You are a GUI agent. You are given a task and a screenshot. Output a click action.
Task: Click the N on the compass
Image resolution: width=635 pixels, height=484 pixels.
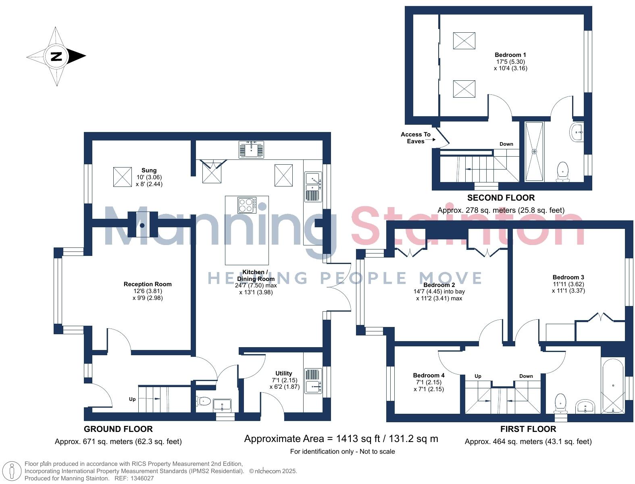(x=56, y=56)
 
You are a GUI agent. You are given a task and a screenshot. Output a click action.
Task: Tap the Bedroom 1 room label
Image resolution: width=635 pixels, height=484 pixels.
(x=510, y=55)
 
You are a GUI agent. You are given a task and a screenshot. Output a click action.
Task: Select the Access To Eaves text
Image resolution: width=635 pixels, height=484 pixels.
(x=416, y=138)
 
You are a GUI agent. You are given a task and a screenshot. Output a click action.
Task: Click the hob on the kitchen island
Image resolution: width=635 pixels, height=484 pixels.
(x=247, y=205)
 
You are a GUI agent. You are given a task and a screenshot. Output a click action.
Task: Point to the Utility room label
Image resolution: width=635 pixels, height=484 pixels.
(x=283, y=373)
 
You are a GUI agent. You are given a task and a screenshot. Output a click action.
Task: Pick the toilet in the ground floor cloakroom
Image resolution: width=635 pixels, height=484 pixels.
(x=204, y=401)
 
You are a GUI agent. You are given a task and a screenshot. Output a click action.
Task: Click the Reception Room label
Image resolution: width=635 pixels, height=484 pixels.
(x=148, y=284)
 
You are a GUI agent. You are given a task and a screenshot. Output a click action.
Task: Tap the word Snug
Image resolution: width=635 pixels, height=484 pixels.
(x=149, y=170)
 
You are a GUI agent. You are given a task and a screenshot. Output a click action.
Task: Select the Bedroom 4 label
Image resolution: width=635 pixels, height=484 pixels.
(x=429, y=375)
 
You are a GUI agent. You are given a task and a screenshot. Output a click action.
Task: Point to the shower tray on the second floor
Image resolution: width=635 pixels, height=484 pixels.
(x=534, y=151)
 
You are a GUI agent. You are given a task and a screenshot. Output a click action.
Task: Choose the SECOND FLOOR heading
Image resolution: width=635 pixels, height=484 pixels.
(x=501, y=198)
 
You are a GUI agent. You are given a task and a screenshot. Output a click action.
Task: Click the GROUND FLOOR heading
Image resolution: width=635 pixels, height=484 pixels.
(x=118, y=429)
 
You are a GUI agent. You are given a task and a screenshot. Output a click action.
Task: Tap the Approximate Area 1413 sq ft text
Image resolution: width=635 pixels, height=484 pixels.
(x=341, y=439)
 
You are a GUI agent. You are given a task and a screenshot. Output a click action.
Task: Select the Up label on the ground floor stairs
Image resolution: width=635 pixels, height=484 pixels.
(x=132, y=399)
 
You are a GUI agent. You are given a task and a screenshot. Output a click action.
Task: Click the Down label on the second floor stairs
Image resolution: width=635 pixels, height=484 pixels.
(x=506, y=144)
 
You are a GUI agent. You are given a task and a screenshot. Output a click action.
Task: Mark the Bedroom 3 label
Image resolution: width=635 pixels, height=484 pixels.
(x=568, y=277)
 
